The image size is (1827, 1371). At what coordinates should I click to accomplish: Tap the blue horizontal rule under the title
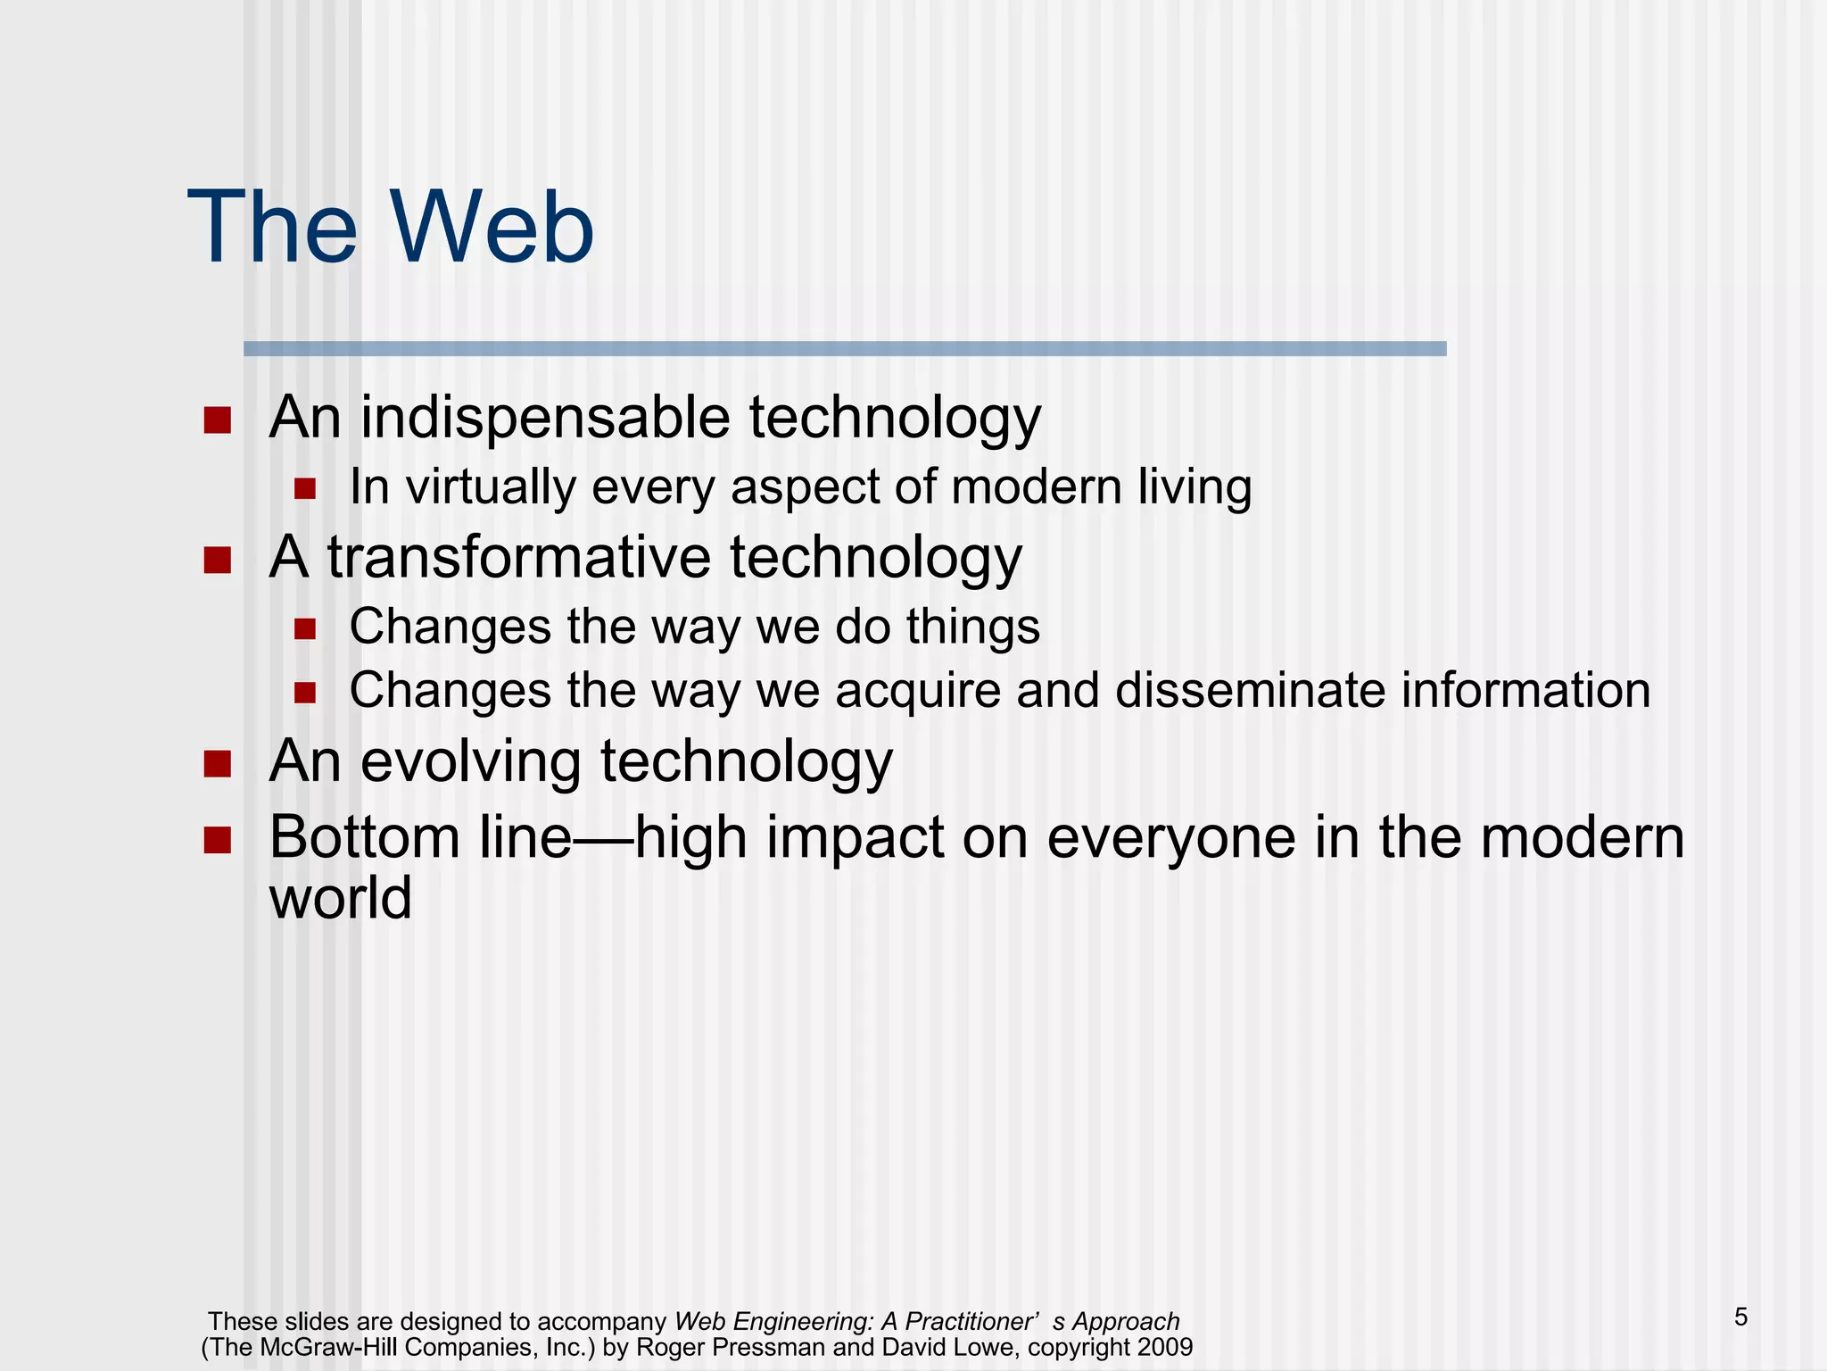(x=844, y=349)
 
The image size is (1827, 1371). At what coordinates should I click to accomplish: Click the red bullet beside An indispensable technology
(x=217, y=420)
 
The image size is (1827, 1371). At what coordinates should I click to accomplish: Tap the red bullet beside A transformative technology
(x=217, y=561)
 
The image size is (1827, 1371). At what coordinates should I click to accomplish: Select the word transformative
(x=519, y=558)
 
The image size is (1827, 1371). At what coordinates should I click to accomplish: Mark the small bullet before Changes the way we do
(x=305, y=629)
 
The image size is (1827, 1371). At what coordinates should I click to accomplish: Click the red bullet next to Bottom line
(x=217, y=840)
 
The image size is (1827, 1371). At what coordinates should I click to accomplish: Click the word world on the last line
(x=340, y=898)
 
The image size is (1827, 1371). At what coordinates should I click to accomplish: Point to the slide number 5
(x=1740, y=1317)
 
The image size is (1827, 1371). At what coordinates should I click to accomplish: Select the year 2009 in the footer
(x=1165, y=1347)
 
